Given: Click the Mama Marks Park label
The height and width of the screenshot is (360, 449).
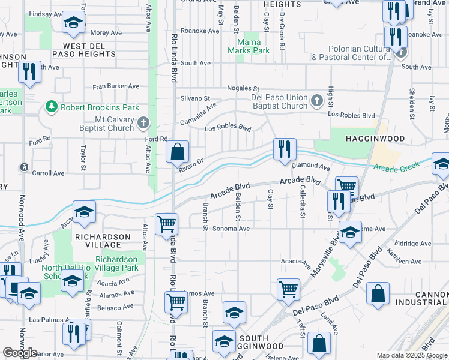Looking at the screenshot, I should pos(249,47).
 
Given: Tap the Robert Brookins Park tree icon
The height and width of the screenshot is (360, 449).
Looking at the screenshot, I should pos(51,107).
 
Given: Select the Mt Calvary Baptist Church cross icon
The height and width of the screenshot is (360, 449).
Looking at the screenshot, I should pos(143,123).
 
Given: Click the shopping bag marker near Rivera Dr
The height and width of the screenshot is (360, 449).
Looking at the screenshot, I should pos(178,152).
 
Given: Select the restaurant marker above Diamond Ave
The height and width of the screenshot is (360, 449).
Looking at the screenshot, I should pos(285,149).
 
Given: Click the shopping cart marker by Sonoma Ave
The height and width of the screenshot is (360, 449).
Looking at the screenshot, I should pos(166,225).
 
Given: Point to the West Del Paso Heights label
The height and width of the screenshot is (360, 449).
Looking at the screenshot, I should pos(83,50).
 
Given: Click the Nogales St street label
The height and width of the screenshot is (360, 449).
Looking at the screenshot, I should pos(243,88).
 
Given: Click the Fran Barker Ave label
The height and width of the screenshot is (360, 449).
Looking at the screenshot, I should pos(116,86).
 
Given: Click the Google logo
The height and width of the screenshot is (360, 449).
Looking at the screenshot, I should pos(20,353).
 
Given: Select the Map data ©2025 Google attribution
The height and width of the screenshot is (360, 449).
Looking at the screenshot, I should pos(411,355).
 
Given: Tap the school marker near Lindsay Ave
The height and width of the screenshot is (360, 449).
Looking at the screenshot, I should pos(73,23).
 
